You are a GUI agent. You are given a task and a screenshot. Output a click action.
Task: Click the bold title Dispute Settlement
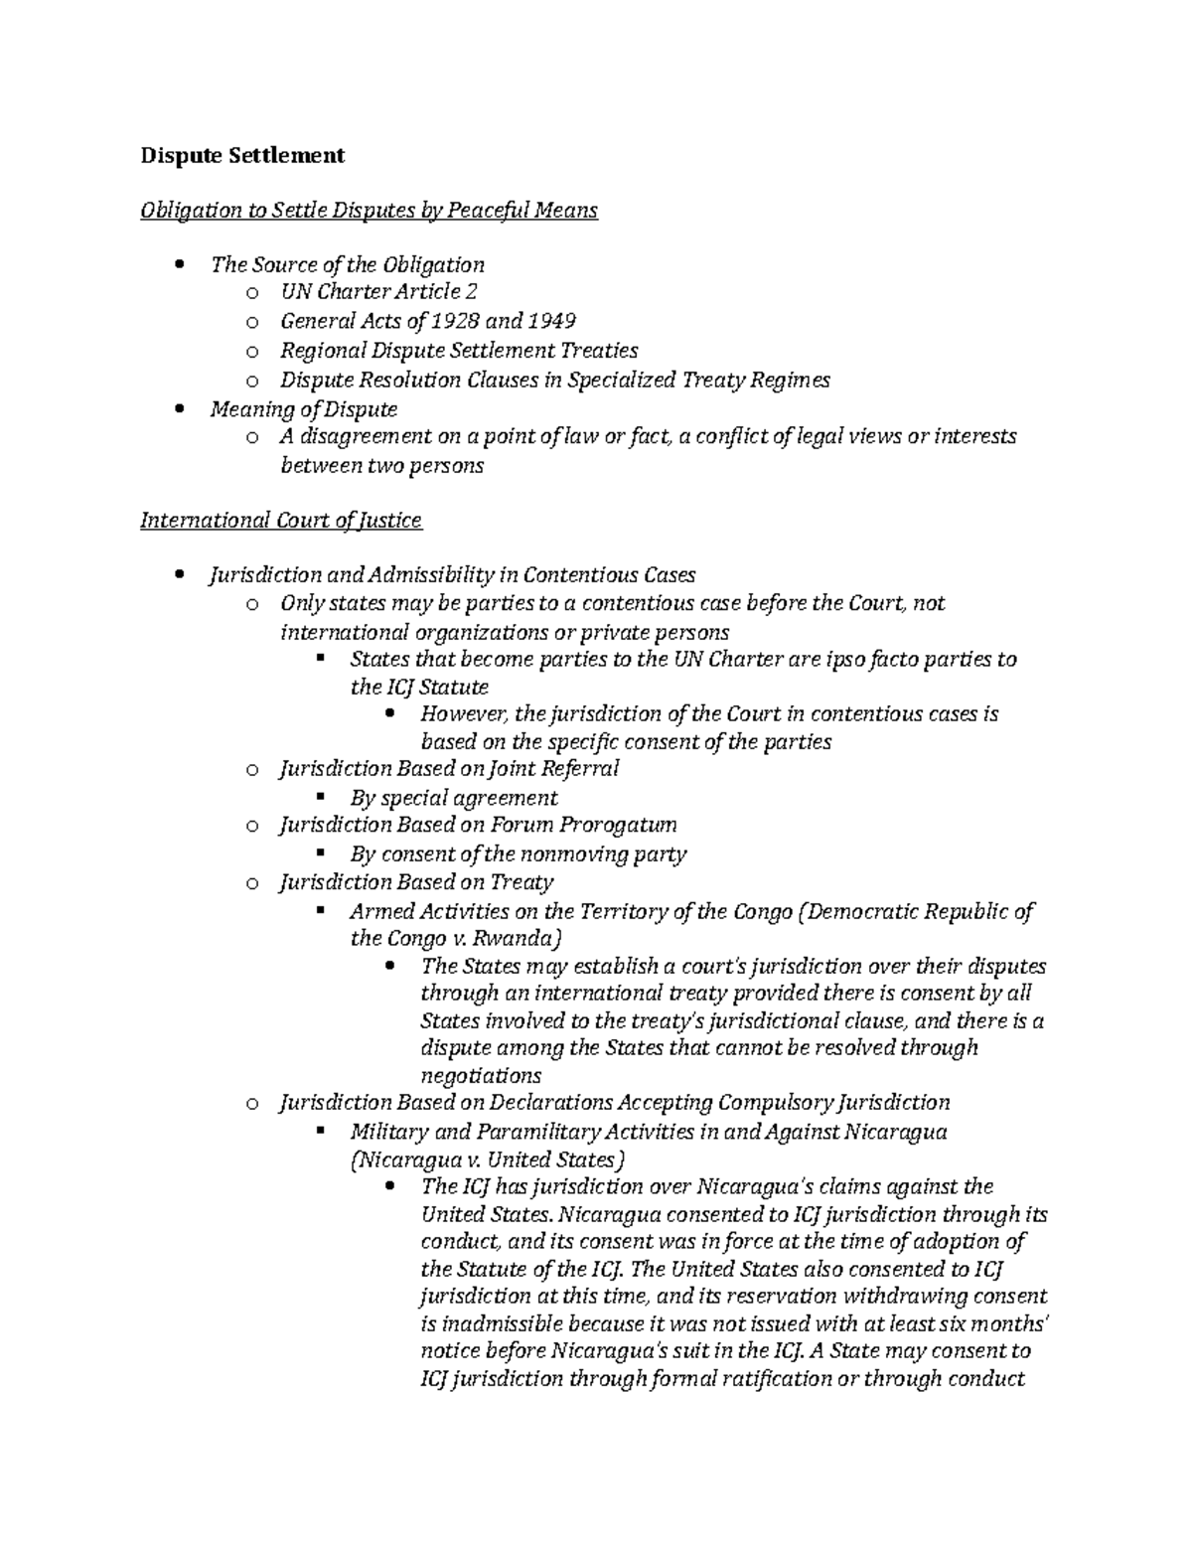[242, 155]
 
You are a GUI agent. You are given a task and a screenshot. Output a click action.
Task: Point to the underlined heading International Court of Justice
[281, 521]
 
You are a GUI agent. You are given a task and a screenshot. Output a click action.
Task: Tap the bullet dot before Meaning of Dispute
[179, 409]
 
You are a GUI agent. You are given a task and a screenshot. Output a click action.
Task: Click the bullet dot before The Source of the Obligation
[179, 265]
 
